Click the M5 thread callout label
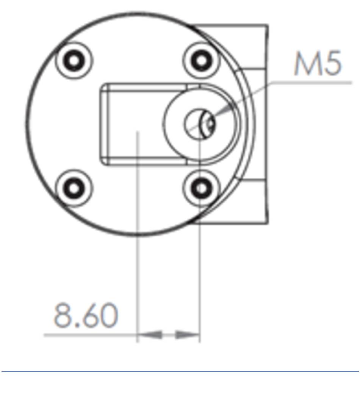(x=318, y=63)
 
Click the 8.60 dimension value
(x=86, y=315)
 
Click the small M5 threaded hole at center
(x=200, y=124)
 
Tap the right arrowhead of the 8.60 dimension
(x=188, y=335)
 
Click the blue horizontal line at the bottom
(x=180, y=371)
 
